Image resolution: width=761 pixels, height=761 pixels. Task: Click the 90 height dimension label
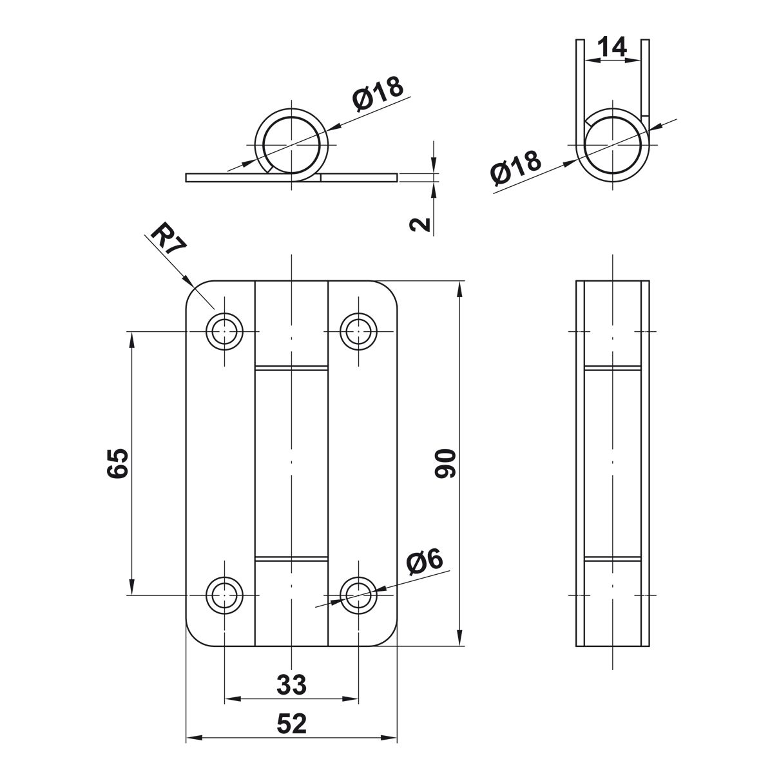(x=445, y=463)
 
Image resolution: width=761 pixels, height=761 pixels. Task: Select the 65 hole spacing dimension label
(x=118, y=463)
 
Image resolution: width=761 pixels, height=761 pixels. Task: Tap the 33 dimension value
(x=292, y=685)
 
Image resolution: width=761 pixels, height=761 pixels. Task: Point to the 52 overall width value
(x=292, y=724)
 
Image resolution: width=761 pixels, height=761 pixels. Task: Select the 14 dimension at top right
(x=612, y=47)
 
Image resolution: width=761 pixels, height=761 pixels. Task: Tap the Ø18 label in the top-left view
(x=378, y=93)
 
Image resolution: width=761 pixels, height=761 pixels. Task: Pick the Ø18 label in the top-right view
(x=515, y=168)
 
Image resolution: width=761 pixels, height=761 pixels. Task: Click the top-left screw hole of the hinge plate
(x=224, y=331)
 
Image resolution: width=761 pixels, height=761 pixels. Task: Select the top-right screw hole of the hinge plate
(x=359, y=331)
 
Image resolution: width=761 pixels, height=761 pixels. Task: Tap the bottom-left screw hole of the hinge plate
(x=224, y=595)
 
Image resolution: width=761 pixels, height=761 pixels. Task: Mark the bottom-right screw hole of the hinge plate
(x=359, y=595)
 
